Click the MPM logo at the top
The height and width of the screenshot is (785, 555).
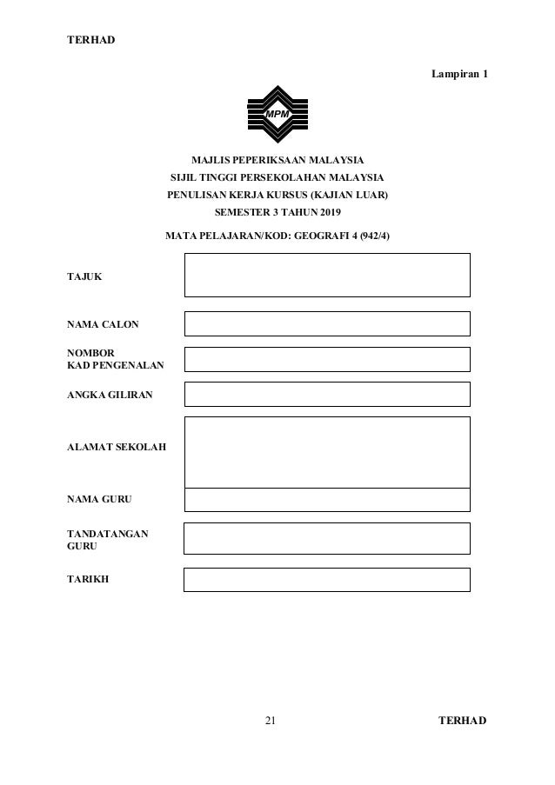pos(277,114)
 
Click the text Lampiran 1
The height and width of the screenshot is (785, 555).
pos(459,75)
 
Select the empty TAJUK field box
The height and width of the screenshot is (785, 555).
pos(327,275)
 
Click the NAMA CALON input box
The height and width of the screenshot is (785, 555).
pos(327,323)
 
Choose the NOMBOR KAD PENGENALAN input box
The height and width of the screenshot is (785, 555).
pos(327,359)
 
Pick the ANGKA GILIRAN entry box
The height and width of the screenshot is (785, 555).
pos(327,394)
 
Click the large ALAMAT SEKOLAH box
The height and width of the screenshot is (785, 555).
pos(327,451)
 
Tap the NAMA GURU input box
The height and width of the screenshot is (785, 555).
pos(327,499)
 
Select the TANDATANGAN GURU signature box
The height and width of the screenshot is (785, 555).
pos(327,538)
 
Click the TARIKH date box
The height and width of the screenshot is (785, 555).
pos(327,580)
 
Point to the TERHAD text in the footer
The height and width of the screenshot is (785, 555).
pos(463,721)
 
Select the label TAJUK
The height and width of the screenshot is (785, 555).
pos(84,276)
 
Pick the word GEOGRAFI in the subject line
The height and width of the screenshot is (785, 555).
pos(313,236)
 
